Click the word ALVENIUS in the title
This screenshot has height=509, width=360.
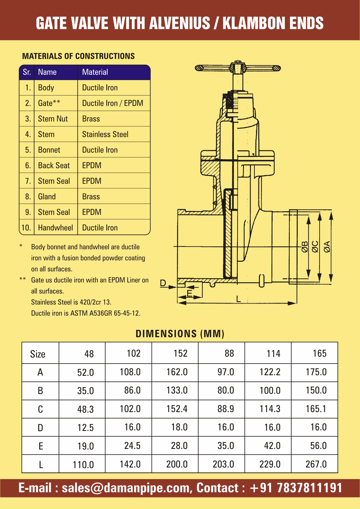click(179, 23)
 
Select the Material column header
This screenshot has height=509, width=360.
click(95, 72)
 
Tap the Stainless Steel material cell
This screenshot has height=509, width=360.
click(105, 134)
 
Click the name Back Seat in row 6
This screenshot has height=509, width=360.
click(54, 165)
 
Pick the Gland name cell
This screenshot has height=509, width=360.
click(47, 196)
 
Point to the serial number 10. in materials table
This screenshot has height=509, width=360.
click(26, 228)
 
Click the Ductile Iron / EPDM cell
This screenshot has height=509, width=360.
click(113, 103)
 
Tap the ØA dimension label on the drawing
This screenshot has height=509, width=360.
click(327, 246)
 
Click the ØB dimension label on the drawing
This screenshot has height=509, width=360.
click(304, 246)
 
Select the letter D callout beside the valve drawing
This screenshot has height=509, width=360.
click(163, 283)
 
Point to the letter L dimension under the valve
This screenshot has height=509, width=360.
click(238, 299)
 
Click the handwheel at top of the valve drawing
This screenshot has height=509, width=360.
click(237, 68)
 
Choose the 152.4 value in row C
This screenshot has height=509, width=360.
click(177, 409)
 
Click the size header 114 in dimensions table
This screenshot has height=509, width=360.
click(273, 353)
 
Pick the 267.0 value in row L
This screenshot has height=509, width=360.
click(316, 464)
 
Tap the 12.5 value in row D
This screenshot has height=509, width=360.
click(85, 427)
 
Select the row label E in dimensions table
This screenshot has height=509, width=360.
click(41, 446)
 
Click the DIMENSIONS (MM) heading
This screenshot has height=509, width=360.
click(180, 334)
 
